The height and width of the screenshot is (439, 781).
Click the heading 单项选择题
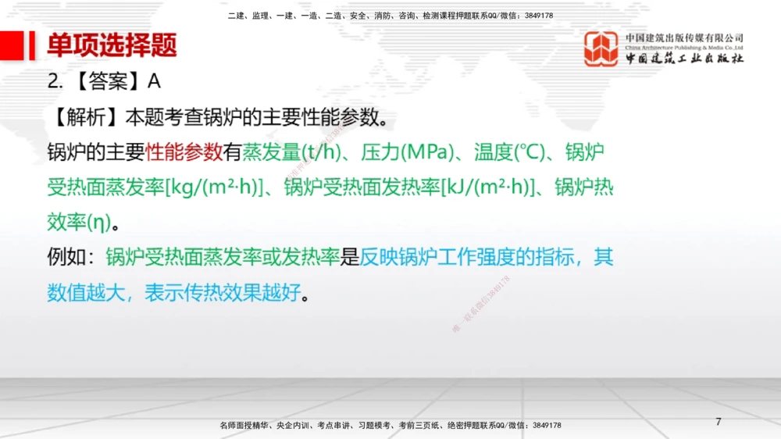point(112,45)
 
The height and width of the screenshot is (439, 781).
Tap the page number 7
point(718,422)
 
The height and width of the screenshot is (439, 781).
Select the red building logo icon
point(601,48)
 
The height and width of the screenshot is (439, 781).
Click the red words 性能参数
point(184,152)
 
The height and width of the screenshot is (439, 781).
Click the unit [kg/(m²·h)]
point(213,187)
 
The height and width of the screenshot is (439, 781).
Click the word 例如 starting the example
point(67,258)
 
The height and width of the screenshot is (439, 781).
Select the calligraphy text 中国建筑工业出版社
point(684,59)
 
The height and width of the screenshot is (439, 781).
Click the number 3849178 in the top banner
point(537,16)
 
